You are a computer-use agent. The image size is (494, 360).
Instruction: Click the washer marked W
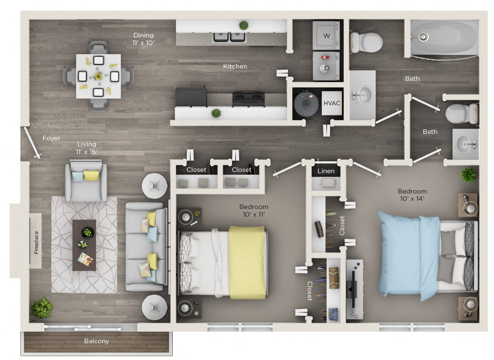pyautogui.click(x=326, y=35)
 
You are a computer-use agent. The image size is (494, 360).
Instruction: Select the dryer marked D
pyautogui.click(x=326, y=67)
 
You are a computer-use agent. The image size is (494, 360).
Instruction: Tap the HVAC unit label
pyautogui.click(x=332, y=103)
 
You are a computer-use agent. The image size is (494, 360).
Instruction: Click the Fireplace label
pyautogui.click(x=36, y=243)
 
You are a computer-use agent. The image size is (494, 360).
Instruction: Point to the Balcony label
pyautogui.click(x=96, y=341)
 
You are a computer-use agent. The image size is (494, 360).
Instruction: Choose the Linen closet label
pyautogui.click(x=326, y=171)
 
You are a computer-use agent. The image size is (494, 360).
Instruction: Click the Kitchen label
pyautogui.click(x=235, y=66)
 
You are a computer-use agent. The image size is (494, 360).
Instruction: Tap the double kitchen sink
pyautogui.click(x=229, y=37)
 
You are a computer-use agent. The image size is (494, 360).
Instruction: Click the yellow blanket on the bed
pyautogui.click(x=247, y=262)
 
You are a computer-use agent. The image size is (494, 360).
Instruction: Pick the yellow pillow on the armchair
pyautogui.click(x=91, y=175)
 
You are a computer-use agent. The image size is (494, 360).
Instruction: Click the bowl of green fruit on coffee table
pyautogui.click(x=88, y=233)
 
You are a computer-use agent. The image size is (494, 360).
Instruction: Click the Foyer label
pyautogui.click(x=51, y=138)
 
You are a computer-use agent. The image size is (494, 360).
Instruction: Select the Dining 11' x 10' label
pyautogui.click(x=143, y=39)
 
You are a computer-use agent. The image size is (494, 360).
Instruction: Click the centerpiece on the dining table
pyautogui.click(x=98, y=76)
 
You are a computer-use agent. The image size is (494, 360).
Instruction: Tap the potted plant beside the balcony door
pyautogui.click(x=42, y=307)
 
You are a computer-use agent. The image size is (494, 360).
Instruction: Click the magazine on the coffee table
pyautogui.click(x=85, y=260)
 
